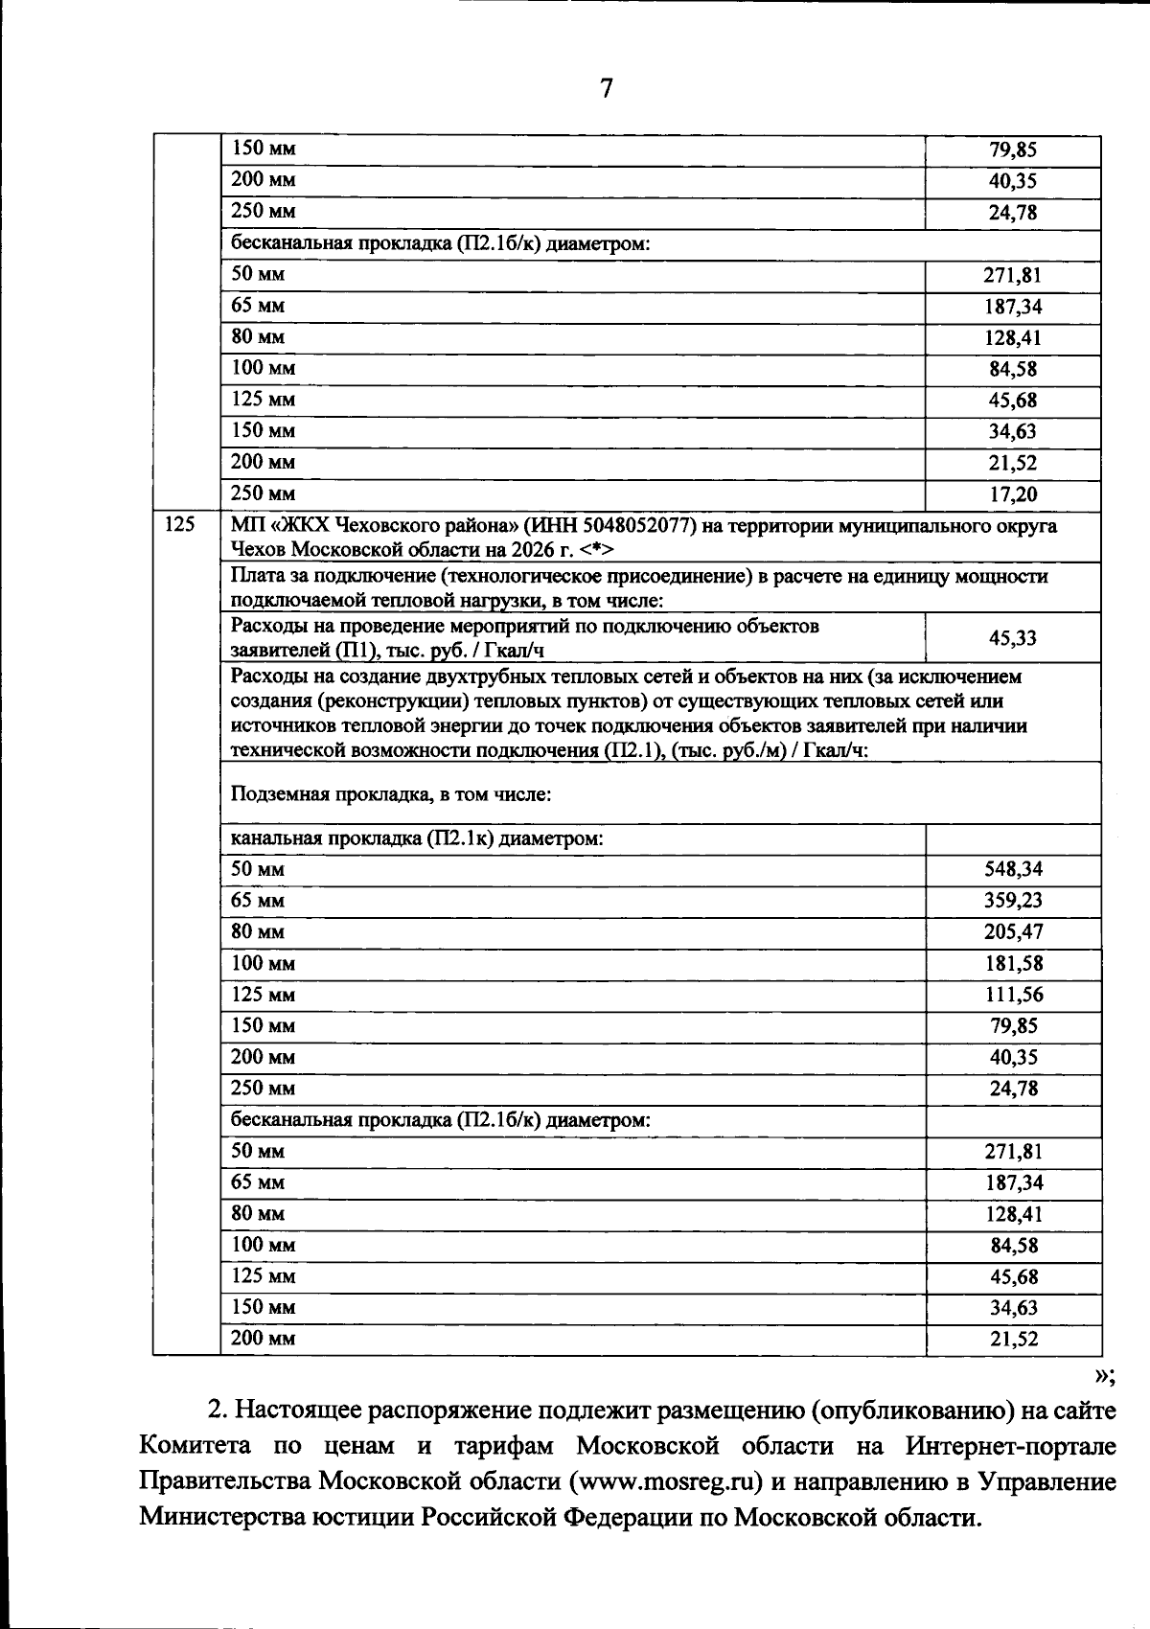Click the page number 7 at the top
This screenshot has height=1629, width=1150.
pyautogui.click(x=606, y=89)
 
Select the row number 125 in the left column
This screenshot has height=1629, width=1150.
pyautogui.click(x=179, y=524)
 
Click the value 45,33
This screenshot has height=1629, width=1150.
pyautogui.click(x=1012, y=638)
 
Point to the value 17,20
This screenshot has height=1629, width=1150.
pyautogui.click(x=1012, y=494)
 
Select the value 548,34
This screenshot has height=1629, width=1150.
pyautogui.click(x=1012, y=869)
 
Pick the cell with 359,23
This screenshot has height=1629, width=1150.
pyautogui.click(x=1012, y=901)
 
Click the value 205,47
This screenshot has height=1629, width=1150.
pyautogui.click(x=1012, y=931)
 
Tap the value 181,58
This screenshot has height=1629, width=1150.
pyautogui.click(x=1012, y=963)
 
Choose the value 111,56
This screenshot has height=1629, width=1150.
pyautogui.click(x=1012, y=995)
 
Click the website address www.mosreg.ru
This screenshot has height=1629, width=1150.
pyautogui.click(x=666, y=1481)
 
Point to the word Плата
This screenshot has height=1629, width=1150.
pyautogui.click(x=257, y=576)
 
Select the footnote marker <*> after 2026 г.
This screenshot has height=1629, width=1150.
pyautogui.click(x=596, y=550)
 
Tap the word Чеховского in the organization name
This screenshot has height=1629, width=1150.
pyautogui.click(x=402, y=525)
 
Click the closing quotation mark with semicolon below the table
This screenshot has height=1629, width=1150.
pyautogui.click(x=1105, y=1375)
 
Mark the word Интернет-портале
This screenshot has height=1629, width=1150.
pyautogui.click(x=1011, y=1445)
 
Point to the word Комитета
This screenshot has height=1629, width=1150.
pyautogui.click(x=195, y=1445)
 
